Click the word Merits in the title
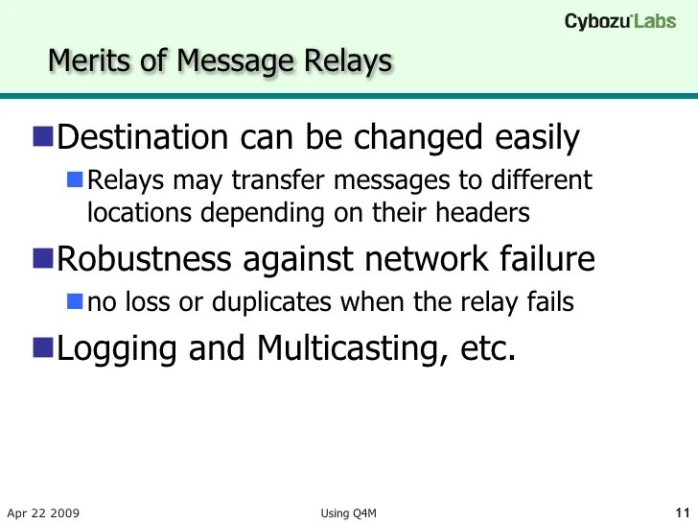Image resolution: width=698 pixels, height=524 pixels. pos(84,60)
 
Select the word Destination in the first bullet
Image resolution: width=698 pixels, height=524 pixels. pos(140,138)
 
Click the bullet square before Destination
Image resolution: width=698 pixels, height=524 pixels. pos(43,137)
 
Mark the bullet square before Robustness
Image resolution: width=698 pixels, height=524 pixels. pos(43,258)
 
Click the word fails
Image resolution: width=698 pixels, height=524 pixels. pos(549,302)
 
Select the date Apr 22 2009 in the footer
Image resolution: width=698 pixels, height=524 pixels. pos(42,512)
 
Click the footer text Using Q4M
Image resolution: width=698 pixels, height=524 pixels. pos(348,512)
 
